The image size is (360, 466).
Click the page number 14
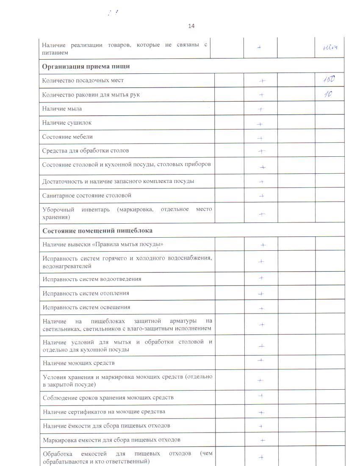tap(191, 26)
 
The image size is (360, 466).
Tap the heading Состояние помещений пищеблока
tap(97, 230)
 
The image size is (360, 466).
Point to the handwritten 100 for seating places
tap(330, 80)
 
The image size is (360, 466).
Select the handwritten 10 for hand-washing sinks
tap(328, 94)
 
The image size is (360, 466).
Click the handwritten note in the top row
tap(330, 48)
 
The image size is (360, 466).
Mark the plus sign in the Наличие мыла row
tap(261, 109)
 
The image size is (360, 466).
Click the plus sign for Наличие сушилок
tap(260, 124)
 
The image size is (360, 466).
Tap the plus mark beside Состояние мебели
tap(260, 138)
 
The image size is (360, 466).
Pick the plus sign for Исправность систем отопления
tap(261, 294)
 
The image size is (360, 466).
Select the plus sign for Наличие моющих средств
tap(261, 361)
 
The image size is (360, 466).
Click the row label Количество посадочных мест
tap(83, 80)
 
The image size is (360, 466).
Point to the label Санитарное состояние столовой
tap(87, 195)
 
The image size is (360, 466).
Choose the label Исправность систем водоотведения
tap(92, 279)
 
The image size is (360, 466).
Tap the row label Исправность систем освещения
tap(86, 307)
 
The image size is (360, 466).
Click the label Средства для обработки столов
tap(86, 150)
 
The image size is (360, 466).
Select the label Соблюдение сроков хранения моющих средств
tap(108, 398)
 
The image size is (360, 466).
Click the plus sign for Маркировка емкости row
tap(262, 440)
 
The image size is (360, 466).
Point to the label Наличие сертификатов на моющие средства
tap(104, 412)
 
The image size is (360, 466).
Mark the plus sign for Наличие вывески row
tap(263, 245)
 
